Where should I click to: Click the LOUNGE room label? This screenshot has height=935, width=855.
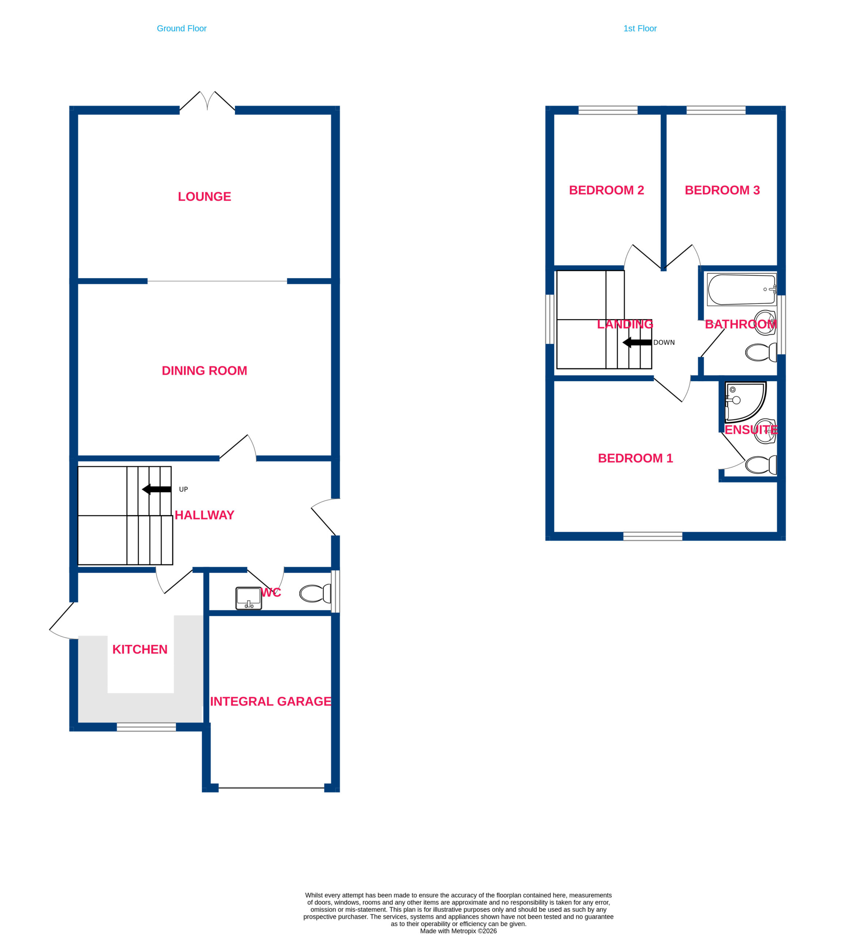point(204,196)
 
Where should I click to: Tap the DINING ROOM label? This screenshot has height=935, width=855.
point(204,371)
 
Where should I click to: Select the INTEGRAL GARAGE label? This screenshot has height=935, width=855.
point(270,701)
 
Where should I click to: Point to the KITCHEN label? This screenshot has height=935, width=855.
point(140,649)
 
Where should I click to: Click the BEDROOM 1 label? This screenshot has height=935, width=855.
point(635,458)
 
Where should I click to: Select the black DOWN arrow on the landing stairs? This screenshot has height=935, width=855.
point(637,343)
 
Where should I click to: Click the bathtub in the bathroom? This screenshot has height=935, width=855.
point(742,289)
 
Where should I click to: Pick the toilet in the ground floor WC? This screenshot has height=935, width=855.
point(315,593)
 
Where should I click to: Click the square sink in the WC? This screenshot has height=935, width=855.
point(249,598)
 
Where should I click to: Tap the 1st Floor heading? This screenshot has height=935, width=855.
point(640,28)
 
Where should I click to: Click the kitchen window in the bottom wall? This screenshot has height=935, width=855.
point(146,727)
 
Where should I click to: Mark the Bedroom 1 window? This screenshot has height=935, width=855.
point(653,537)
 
